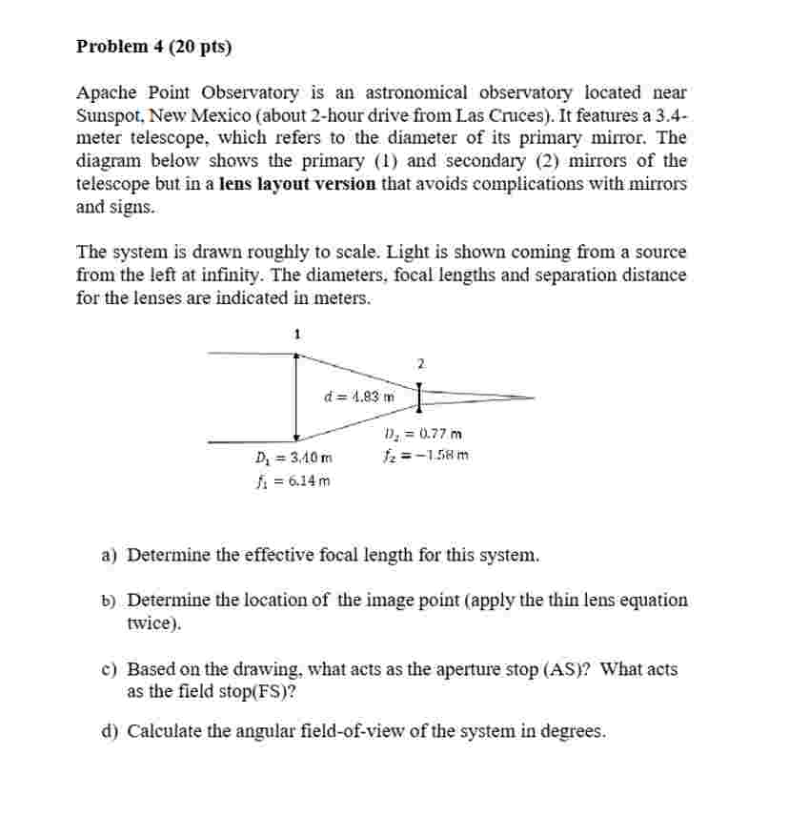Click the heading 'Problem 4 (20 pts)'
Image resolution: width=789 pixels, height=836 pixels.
pyautogui.click(x=153, y=46)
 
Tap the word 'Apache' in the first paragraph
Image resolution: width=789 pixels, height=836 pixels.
pyautogui.click(x=106, y=92)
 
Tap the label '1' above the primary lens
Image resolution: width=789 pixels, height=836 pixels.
pyautogui.click(x=296, y=334)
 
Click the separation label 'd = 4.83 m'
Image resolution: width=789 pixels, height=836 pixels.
pyautogui.click(x=359, y=397)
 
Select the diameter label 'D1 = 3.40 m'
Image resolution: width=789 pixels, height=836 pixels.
pyautogui.click(x=293, y=459)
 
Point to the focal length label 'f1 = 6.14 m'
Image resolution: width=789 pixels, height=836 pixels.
pyautogui.click(x=293, y=480)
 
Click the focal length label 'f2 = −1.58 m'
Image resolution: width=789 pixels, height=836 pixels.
pyautogui.click(x=424, y=455)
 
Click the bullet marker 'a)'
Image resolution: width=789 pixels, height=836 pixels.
pyautogui.click(x=110, y=555)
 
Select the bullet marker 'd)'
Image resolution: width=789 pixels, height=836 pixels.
pyautogui.click(x=110, y=732)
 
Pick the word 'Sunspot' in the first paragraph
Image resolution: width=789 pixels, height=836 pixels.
pyautogui.click(x=107, y=115)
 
